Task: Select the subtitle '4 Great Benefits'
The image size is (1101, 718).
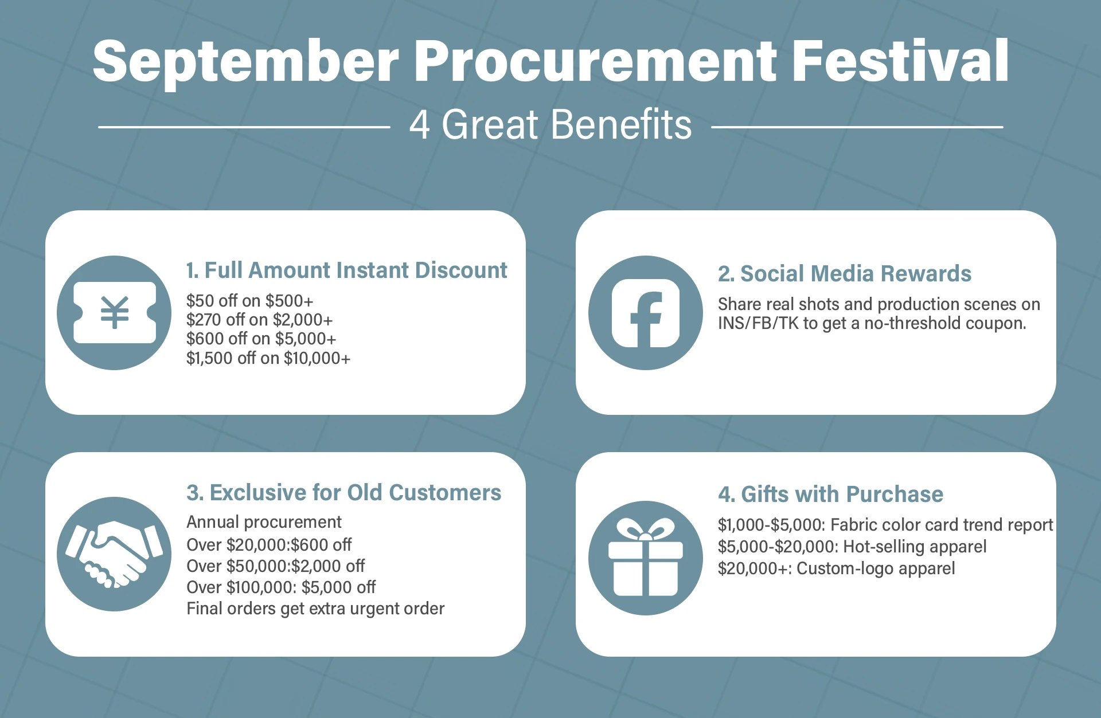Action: pyautogui.click(x=550, y=124)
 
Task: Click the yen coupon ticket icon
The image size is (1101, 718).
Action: pyautogui.click(x=115, y=313)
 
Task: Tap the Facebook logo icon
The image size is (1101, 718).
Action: pyautogui.click(x=646, y=313)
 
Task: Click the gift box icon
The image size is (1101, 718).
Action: pyautogui.click(x=646, y=558)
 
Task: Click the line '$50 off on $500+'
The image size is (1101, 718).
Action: pyautogui.click(x=250, y=301)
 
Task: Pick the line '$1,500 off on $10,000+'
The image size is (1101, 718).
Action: pyautogui.click(x=268, y=358)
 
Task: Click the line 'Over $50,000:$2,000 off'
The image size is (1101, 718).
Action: pyautogui.click(x=276, y=566)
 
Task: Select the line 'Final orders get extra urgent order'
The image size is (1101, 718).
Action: pyautogui.click(x=315, y=609)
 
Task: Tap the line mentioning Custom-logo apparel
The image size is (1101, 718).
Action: pyautogui.click(x=837, y=568)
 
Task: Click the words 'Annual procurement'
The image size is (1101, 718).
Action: pyautogui.click(x=264, y=522)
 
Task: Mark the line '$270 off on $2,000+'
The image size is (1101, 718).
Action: pyautogui.click(x=259, y=320)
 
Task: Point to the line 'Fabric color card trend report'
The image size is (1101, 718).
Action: pyautogui.click(x=942, y=525)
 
